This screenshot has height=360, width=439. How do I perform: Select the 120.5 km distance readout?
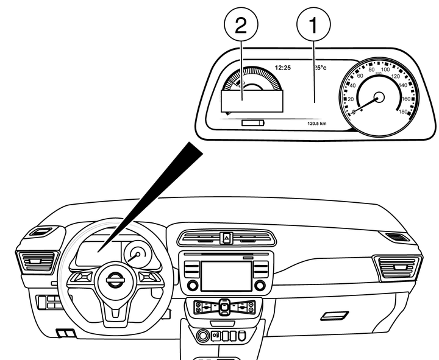318,123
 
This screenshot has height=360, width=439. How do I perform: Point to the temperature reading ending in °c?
320,67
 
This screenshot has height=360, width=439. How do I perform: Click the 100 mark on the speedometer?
385,70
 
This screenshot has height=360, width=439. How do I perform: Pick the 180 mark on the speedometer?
403,111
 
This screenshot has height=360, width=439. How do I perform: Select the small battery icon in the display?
253,122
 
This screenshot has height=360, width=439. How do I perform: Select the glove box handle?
335,316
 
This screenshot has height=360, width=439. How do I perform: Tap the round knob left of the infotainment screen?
193,285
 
